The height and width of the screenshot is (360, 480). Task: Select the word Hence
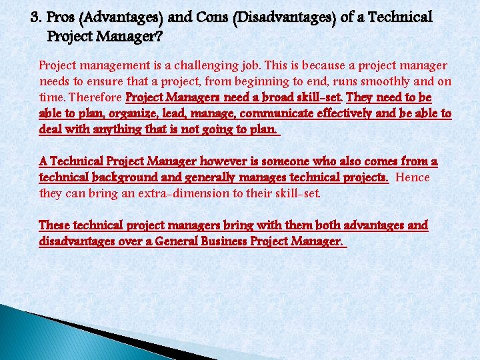(x=413, y=177)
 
